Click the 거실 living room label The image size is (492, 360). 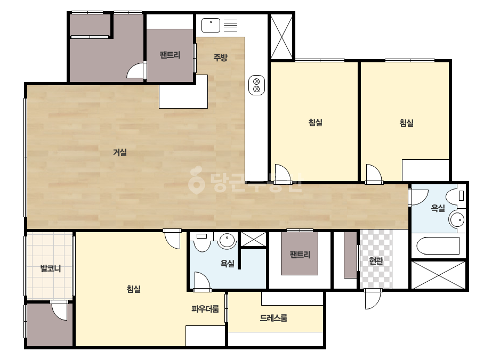point(120,152)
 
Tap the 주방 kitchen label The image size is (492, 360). point(220,58)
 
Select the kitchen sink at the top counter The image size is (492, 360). point(211,26)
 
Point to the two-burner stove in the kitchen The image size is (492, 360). point(256,85)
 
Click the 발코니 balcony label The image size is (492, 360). point(51,268)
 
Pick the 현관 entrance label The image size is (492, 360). point(376,260)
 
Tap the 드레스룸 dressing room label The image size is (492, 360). point(273,318)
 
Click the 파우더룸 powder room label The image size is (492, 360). point(205,309)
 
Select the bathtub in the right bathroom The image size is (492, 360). point(438,246)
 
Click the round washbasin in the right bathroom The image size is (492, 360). point(456,219)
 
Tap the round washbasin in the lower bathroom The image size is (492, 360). point(227,241)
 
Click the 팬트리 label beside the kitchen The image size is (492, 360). point(170,55)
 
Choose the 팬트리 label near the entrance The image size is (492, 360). point(300,254)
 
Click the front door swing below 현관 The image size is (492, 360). point(373,299)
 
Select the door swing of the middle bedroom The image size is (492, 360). point(283,174)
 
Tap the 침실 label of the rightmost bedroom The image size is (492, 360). point(406,123)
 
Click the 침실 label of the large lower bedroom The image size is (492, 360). point(134,289)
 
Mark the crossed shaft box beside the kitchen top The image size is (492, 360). point(281,36)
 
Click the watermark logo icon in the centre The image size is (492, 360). point(196,179)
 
